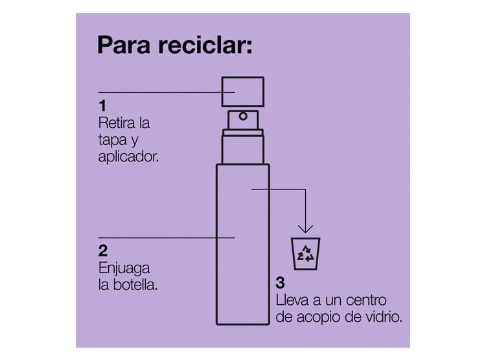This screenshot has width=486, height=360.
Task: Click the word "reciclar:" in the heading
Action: [205, 45]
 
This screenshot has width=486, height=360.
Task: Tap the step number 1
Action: [102, 106]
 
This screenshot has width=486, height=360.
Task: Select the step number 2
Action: [103, 251]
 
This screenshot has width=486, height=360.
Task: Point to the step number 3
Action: [280, 283]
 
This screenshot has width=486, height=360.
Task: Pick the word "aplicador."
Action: [128, 157]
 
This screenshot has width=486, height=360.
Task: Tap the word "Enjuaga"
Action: [124, 269]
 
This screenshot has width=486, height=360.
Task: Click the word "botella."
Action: [135, 285]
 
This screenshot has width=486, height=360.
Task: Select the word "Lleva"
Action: [292, 300]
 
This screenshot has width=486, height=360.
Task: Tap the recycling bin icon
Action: [306, 254]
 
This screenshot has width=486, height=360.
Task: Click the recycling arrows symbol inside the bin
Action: [306, 254]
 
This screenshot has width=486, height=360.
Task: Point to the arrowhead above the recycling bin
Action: [306, 229]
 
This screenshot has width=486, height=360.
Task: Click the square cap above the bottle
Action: [243, 91]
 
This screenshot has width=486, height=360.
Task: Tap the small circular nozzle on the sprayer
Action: [243, 116]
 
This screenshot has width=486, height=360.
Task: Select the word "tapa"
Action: [113, 140]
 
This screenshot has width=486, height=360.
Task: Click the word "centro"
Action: [366, 300]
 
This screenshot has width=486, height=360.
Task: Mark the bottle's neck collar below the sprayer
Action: [243, 133]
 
